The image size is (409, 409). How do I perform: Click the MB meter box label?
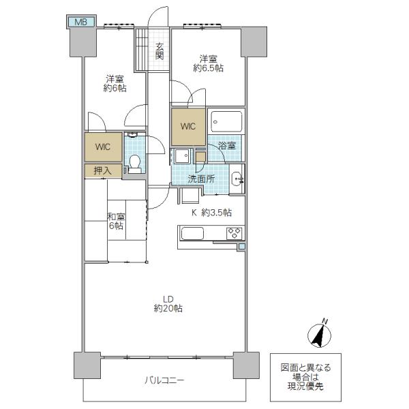point(81,22)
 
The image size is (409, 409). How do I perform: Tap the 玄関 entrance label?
point(160,51)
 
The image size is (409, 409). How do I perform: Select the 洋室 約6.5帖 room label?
point(209,63)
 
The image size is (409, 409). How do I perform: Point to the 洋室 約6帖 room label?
point(115,83)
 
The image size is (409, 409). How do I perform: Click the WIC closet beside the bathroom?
point(188,127)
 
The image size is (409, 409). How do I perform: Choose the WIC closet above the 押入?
point(103,147)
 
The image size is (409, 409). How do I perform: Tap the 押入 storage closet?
point(103,171)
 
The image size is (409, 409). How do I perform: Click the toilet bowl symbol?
point(135,164)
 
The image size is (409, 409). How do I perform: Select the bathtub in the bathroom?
point(226,122)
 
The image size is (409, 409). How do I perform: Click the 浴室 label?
point(227,146)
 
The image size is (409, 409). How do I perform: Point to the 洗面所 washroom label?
point(202,179)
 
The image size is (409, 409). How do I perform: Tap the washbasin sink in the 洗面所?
point(237,179)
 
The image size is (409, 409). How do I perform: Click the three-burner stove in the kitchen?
point(234,233)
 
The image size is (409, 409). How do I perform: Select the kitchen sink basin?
point(192,233)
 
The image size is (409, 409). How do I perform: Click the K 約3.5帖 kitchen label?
point(211,213)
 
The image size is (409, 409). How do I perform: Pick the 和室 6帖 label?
point(117,221)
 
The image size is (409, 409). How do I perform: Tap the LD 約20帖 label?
point(168,303)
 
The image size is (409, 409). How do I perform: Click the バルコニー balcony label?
point(164,380)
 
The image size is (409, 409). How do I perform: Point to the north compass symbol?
point(320,334)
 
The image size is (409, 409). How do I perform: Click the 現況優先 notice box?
point(305,377)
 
